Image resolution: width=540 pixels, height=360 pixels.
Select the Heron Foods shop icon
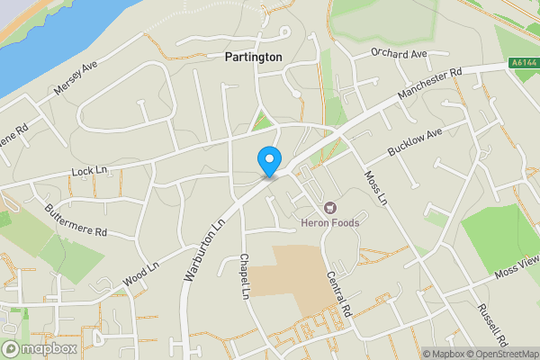point(328,208)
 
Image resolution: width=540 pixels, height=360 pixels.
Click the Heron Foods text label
point(330,223)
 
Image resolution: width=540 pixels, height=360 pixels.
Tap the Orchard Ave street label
point(399,53)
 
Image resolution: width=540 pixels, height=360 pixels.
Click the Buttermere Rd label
point(76,220)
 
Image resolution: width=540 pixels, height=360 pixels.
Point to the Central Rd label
point(338,293)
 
